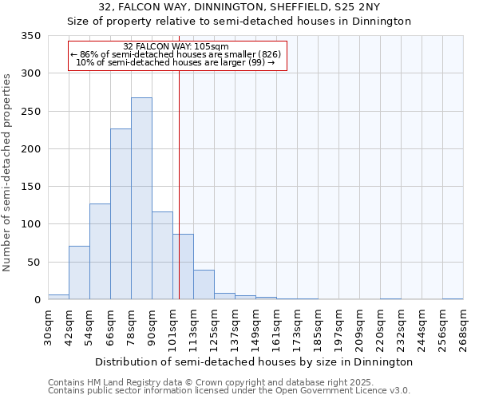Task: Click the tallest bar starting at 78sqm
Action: point(141,199)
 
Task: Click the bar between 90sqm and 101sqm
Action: point(162,255)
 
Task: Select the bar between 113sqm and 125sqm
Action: point(204,285)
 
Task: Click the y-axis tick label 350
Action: point(30,36)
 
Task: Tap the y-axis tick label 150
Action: point(30,187)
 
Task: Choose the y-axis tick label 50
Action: point(34,263)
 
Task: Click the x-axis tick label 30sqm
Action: point(49,327)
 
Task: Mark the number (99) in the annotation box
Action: point(257,62)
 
